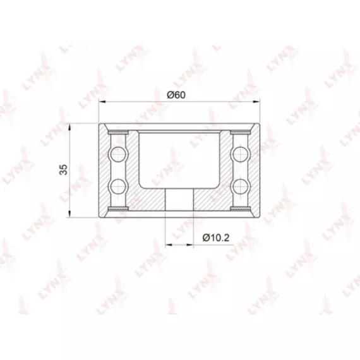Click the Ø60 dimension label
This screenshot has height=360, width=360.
[176, 95]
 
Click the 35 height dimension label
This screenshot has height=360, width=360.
[63, 169]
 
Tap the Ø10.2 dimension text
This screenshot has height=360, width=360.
[216, 238]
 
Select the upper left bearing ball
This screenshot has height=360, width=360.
[119, 154]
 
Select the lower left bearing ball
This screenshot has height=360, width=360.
[119, 186]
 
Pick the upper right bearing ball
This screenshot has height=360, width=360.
[241, 154]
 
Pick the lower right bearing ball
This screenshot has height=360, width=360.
[241, 186]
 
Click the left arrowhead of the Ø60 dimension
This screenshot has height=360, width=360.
[102, 101]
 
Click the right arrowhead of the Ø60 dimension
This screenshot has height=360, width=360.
[256, 101]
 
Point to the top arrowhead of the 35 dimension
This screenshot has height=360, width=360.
[69, 127]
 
